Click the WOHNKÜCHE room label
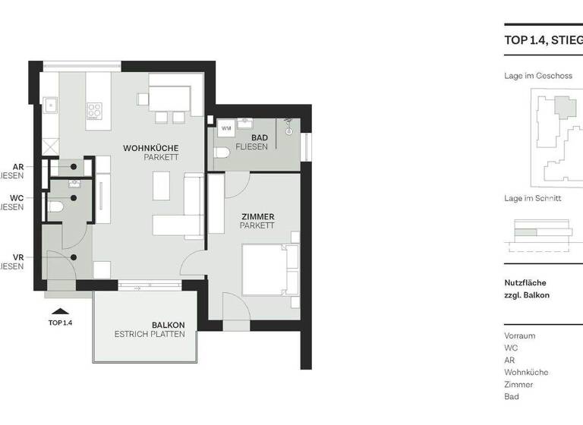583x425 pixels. pos(150,148)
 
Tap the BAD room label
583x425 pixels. pos(259,137)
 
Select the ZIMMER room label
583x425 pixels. pos(257,217)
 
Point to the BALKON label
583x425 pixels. pos(167,325)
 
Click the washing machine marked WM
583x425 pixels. pos(226,128)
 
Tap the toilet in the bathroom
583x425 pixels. pos(222,153)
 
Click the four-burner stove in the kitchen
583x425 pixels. pos(94,111)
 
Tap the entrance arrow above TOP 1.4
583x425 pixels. pos(60,310)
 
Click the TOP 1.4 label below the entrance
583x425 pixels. pos(60,323)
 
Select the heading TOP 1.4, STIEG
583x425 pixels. pos(543,40)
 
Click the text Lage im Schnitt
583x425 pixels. pos(532,199)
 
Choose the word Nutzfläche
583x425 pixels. pos(525,283)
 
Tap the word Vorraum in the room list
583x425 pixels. pos(519,335)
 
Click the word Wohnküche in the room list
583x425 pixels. pos(525,373)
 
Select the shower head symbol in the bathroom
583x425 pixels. pos(288,122)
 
